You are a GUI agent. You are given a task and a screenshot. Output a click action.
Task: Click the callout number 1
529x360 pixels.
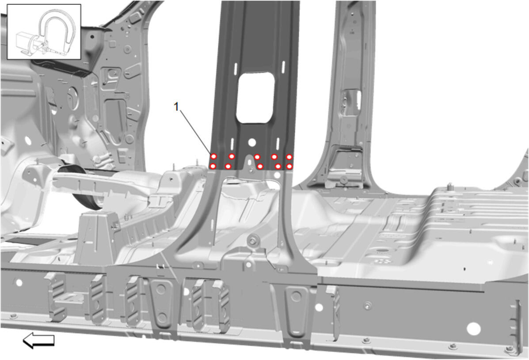(x=176, y=107)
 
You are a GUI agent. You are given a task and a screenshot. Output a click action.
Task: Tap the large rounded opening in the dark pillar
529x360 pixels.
(x=255, y=98)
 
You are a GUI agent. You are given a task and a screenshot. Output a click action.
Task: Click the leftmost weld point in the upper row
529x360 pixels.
(x=213, y=156)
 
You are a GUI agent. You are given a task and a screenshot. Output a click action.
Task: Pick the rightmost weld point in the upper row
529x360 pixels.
(x=289, y=157)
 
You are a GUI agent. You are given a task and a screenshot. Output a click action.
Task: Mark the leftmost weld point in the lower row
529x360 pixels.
(x=213, y=166)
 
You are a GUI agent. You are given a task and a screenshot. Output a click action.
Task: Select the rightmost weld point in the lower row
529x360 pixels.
(x=289, y=166)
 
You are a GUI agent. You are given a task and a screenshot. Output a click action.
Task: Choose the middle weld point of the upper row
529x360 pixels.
(x=257, y=157)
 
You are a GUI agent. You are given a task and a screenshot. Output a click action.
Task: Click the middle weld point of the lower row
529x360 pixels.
(x=260, y=166)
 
